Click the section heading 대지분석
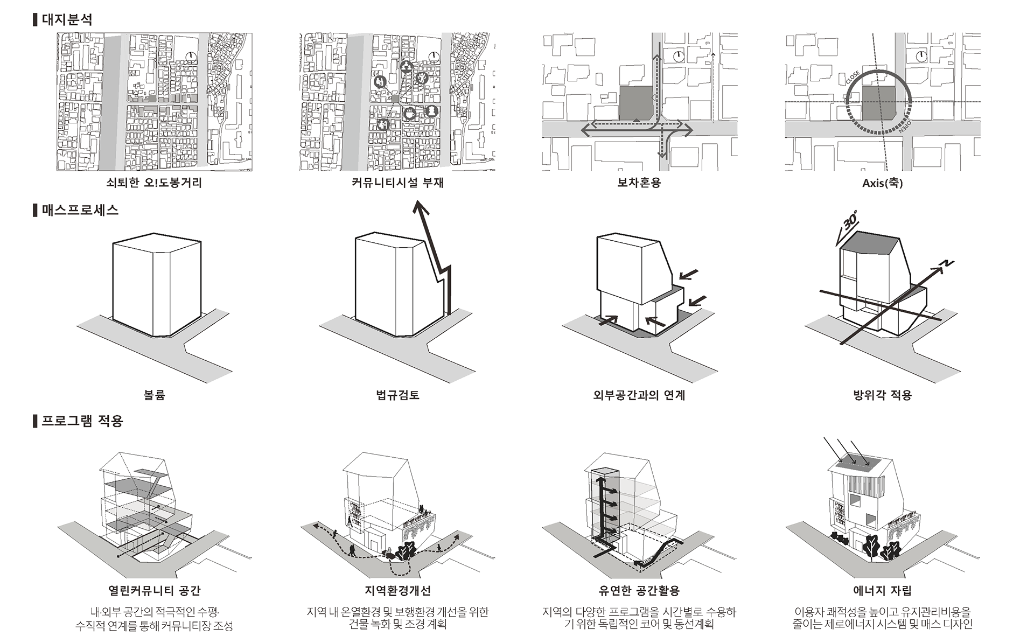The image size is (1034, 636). click(x=67, y=20)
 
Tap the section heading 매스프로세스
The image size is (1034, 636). click(x=80, y=210)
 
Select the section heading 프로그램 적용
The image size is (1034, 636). click(x=82, y=421)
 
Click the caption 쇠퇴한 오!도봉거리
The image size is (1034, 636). click(x=154, y=183)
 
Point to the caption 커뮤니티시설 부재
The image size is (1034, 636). click(x=397, y=183)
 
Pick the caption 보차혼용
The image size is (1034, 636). click(x=639, y=183)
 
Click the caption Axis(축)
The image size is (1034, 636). click(x=882, y=183)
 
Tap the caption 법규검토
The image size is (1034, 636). click(x=397, y=395)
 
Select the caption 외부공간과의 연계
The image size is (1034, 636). click(x=639, y=395)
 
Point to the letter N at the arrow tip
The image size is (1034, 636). click(x=947, y=264)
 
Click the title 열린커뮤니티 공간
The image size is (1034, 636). click(x=154, y=591)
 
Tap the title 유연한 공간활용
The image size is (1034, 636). click(x=639, y=591)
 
